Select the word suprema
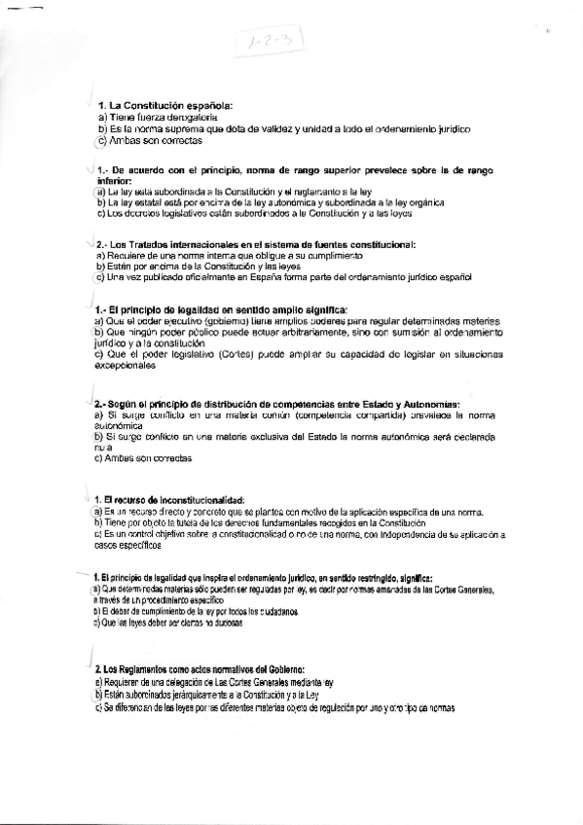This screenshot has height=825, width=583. click(x=174, y=128)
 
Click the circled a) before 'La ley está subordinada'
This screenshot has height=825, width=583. click(x=100, y=192)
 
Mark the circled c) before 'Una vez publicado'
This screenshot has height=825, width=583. click(x=101, y=278)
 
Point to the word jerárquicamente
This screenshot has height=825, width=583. click(x=193, y=696)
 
